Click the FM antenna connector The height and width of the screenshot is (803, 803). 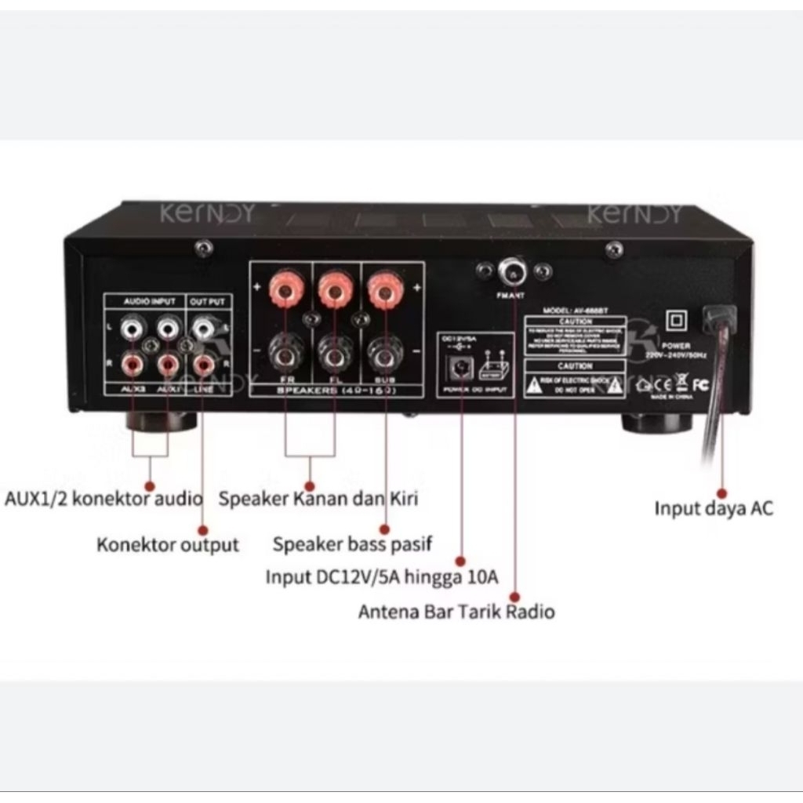(513, 271)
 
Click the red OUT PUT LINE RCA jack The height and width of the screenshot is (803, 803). (205, 363)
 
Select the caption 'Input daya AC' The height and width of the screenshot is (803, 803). (714, 508)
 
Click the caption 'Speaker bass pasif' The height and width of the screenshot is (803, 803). (352, 543)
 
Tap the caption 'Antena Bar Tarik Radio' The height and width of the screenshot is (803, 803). (456, 612)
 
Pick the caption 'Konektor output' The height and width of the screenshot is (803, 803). (168, 544)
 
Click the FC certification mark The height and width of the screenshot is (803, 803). (700, 384)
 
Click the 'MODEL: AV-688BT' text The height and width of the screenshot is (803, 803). (575, 311)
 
